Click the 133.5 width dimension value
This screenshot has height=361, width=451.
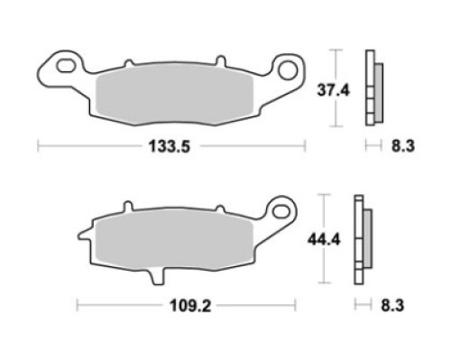point(170,147)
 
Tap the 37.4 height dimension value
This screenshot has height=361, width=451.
point(334,90)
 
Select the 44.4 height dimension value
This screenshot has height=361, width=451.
point(324,240)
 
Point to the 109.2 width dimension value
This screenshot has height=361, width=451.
point(190,306)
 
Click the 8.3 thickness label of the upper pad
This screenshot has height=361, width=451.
point(402,146)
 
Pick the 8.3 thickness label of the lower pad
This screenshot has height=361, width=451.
point(392,306)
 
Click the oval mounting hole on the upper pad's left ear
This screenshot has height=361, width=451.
point(67,66)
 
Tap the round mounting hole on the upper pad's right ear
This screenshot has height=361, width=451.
point(288,70)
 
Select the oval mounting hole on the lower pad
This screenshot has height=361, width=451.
point(281,210)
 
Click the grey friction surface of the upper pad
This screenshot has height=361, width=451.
point(174,96)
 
